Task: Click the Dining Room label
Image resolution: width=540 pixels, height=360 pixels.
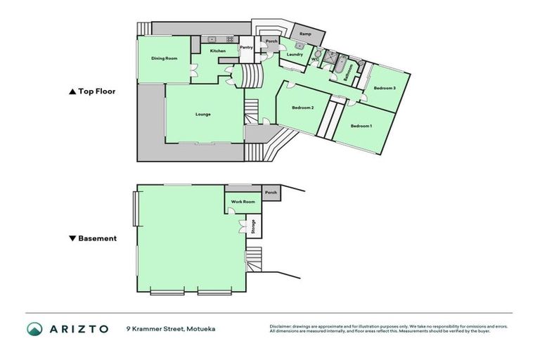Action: [164, 58]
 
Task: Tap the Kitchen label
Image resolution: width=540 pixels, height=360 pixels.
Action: [218, 51]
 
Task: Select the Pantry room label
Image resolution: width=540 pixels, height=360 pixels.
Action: [246, 48]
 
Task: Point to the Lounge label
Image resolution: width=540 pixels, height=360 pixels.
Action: [203, 114]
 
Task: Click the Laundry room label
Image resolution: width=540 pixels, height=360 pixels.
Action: [295, 54]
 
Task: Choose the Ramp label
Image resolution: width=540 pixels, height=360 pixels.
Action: [306, 34]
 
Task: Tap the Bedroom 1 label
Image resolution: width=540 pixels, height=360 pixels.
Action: [361, 126]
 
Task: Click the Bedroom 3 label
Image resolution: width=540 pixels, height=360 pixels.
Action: [384, 88]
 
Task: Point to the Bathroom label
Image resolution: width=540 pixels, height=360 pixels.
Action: [349, 75]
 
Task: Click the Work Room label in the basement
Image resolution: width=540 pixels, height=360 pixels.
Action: [241, 202]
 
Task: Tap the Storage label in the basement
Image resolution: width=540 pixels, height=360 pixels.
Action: [253, 226]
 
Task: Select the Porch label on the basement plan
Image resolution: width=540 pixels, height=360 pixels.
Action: [271, 193]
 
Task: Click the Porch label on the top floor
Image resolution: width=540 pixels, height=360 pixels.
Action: [271, 41]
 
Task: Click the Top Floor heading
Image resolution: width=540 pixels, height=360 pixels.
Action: [91, 91]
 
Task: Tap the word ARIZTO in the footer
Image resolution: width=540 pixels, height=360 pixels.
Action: [78, 328]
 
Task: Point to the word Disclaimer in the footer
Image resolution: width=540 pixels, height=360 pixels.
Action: [282, 326]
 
